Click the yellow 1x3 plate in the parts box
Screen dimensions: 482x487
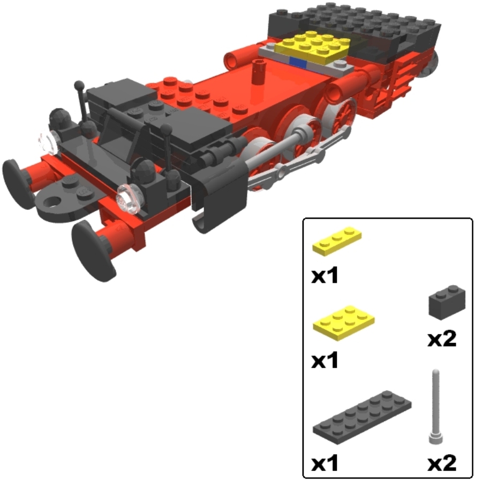337,241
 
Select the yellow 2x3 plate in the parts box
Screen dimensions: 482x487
344,323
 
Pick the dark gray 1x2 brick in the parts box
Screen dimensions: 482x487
447,302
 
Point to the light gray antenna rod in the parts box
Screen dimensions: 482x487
435,407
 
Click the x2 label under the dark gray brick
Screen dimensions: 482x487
442,339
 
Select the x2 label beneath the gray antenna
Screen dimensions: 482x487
442,463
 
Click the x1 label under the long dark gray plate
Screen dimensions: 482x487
325,463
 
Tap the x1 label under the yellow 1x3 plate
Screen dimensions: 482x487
325,276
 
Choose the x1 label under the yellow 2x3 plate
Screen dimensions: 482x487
325,360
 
